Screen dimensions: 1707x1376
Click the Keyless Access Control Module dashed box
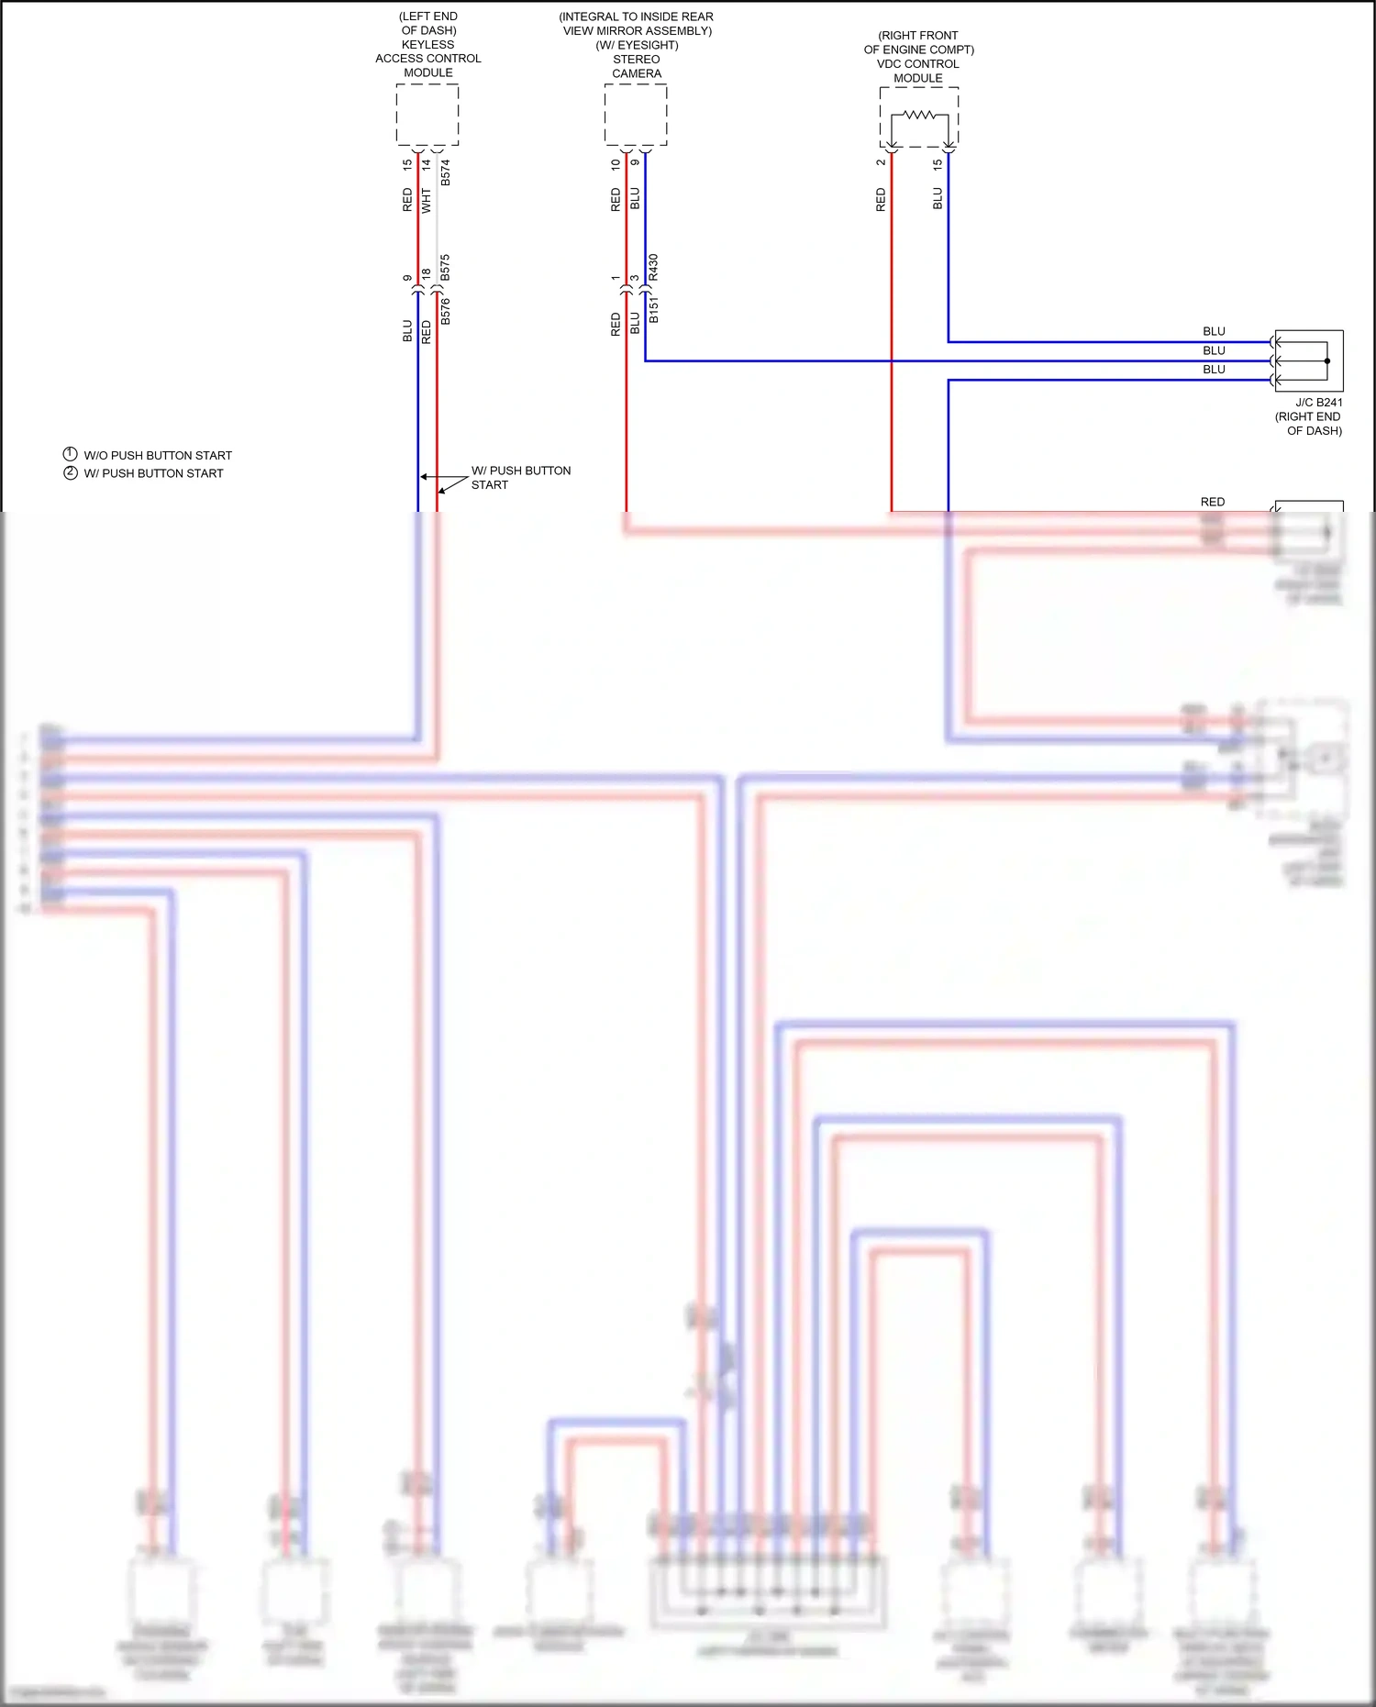[x=427, y=115]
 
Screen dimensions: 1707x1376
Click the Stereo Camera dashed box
[x=636, y=115]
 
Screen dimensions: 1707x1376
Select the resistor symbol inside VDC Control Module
[x=919, y=116]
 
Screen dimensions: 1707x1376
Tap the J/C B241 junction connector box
[x=1309, y=360]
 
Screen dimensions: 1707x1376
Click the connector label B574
[x=446, y=172]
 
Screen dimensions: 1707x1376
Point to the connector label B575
[x=446, y=268]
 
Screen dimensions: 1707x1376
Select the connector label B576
[x=446, y=311]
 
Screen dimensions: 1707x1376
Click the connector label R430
[x=654, y=267]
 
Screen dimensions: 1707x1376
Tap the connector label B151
[x=654, y=309]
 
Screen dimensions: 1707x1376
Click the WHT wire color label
[x=427, y=201]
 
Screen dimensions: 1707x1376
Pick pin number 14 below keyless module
[x=427, y=165]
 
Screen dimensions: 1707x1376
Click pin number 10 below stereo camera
[x=616, y=165]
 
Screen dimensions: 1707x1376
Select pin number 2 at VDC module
[x=881, y=162]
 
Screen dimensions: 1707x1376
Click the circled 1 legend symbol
[x=70, y=454]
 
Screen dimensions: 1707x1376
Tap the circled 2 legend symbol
[x=70, y=472]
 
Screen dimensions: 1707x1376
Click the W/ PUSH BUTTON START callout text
[x=520, y=477]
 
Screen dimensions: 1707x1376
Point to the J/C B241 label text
[x=1319, y=402]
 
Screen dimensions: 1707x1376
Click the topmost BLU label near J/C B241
[x=1214, y=331]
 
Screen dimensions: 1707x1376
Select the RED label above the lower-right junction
[x=1213, y=502]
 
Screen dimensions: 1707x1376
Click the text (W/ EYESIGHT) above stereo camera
[x=637, y=45]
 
